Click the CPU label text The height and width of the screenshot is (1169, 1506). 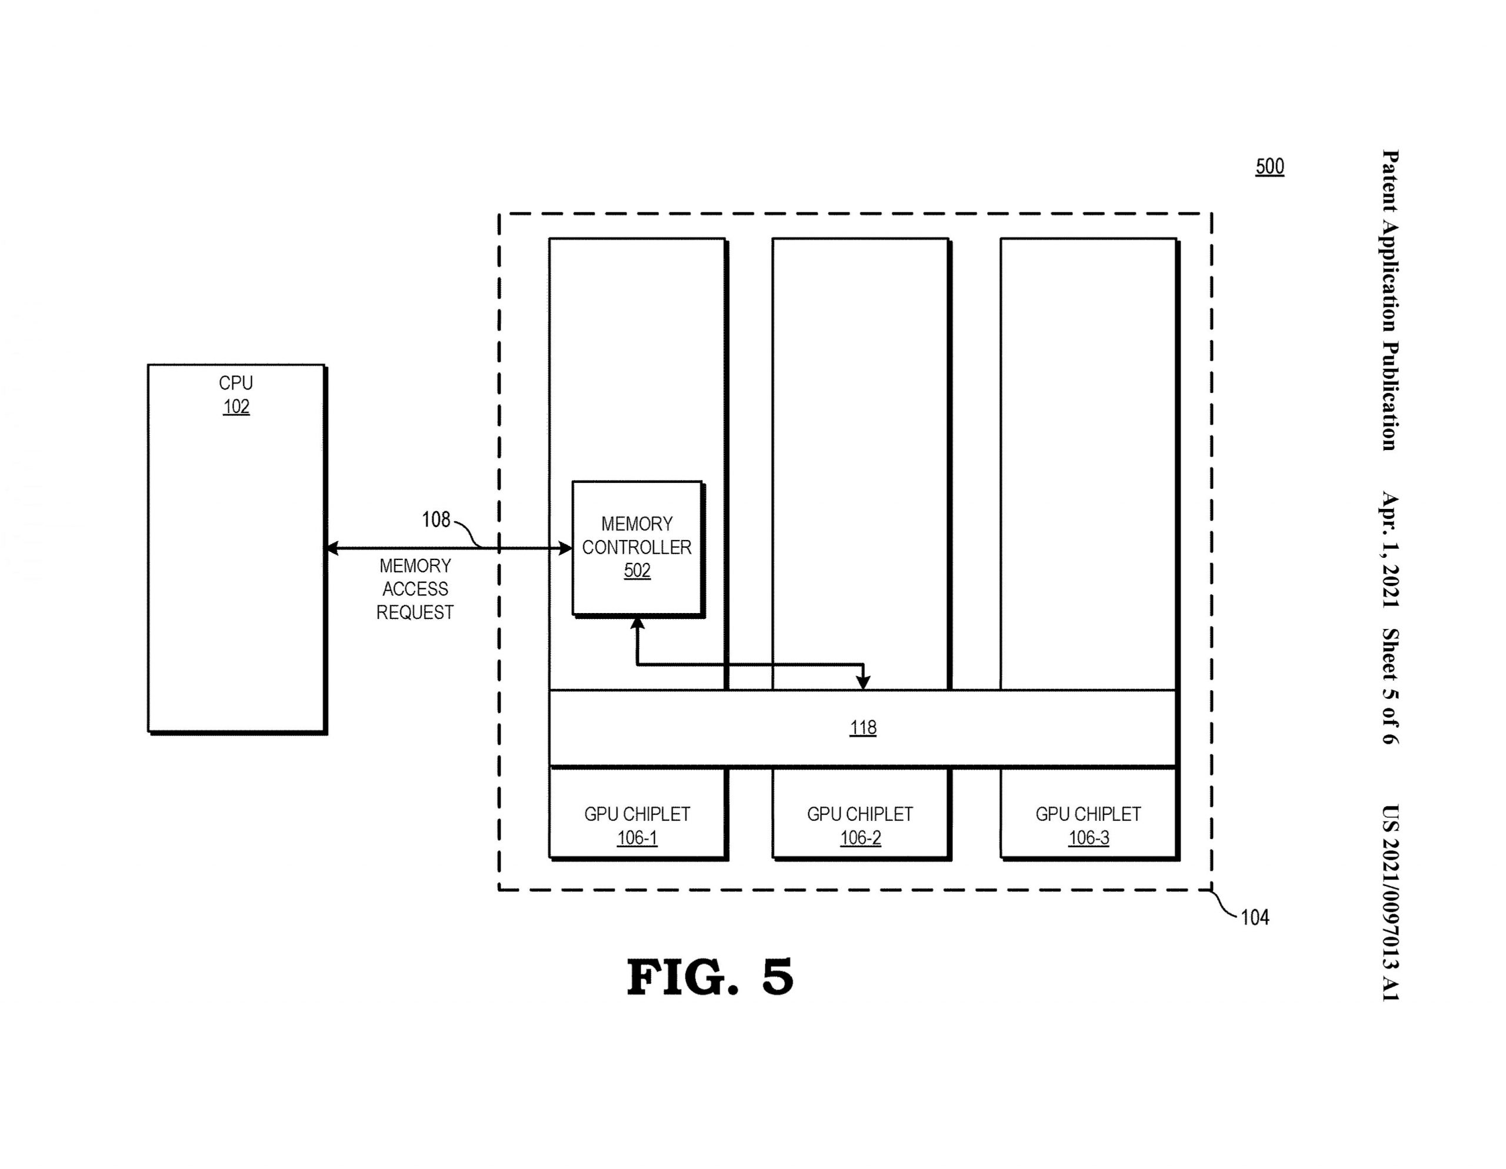pos(236,383)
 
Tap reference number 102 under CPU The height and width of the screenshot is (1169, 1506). pos(236,407)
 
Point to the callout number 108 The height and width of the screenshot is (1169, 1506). pos(436,519)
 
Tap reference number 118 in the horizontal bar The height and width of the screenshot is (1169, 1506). pos(862,728)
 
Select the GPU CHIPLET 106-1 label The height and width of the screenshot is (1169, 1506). pos(637,825)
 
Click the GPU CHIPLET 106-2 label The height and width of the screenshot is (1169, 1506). pos(860,825)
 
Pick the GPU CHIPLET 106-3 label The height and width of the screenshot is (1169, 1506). pos(1088,825)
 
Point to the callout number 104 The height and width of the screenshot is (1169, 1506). pos(1254,917)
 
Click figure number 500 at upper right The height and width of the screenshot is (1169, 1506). pos(1270,166)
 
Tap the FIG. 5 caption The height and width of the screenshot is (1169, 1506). pos(709,977)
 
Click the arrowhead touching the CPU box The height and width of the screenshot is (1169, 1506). pos(332,548)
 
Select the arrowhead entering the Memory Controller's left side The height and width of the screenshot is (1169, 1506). pos(565,548)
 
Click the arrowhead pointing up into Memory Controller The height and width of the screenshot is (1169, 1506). pos(637,623)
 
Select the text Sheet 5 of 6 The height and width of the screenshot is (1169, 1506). pos(1389,686)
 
